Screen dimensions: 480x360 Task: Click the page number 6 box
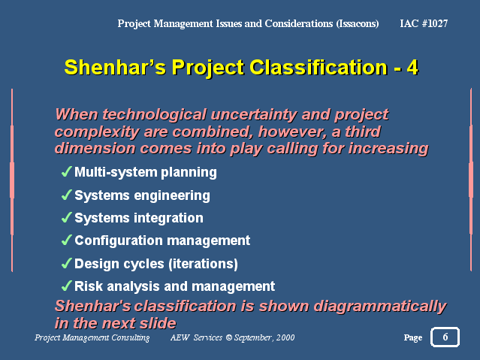pos(445,337)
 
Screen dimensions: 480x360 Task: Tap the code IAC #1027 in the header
pos(424,23)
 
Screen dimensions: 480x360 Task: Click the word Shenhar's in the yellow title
pos(115,67)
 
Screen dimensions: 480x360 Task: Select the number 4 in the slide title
pos(412,68)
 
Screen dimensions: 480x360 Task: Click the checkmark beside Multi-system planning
pos(66,171)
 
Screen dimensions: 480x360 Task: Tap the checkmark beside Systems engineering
pos(66,195)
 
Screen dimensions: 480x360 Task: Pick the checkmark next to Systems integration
pos(66,217)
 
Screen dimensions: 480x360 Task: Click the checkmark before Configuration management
pos(66,241)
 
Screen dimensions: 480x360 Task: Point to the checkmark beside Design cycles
pos(66,263)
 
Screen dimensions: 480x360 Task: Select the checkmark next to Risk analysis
pos(66,286)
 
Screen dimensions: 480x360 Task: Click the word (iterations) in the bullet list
pos(203,264)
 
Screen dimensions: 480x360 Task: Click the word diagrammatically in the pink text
pos(380,307)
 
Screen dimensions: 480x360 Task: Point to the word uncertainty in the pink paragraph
pos(254,115)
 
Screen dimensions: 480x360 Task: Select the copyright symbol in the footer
pos(229,337)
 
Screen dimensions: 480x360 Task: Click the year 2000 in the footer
pos(285,337)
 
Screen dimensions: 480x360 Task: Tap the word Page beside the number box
pos(413,337)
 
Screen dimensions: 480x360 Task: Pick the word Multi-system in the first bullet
pos(116,173)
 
